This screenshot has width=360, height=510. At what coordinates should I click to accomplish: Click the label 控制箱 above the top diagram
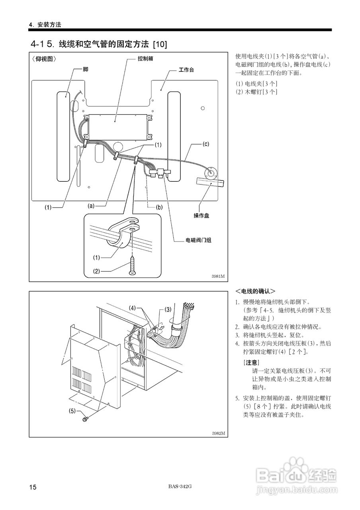[x=145, y=58]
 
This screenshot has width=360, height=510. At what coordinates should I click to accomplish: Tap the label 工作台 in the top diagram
[x=186, y=70]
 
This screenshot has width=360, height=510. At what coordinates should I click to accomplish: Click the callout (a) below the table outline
[x=91, y=206]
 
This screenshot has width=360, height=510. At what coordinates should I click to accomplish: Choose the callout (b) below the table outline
[x=159, y=207]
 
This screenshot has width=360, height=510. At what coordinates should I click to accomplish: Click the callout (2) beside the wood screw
[x=96, y=271]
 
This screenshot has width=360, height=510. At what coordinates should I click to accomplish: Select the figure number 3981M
[x=218, y=276]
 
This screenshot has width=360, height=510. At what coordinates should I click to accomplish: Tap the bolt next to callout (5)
[x=85, y=419]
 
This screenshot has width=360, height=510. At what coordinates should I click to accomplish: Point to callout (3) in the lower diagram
[x=168, y=309]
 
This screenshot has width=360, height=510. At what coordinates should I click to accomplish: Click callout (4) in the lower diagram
[x=133, y=308]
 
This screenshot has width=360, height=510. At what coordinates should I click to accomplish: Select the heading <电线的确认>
[x=255, y=291]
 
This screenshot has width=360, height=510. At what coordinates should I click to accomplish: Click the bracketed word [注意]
[x=251, y=363]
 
